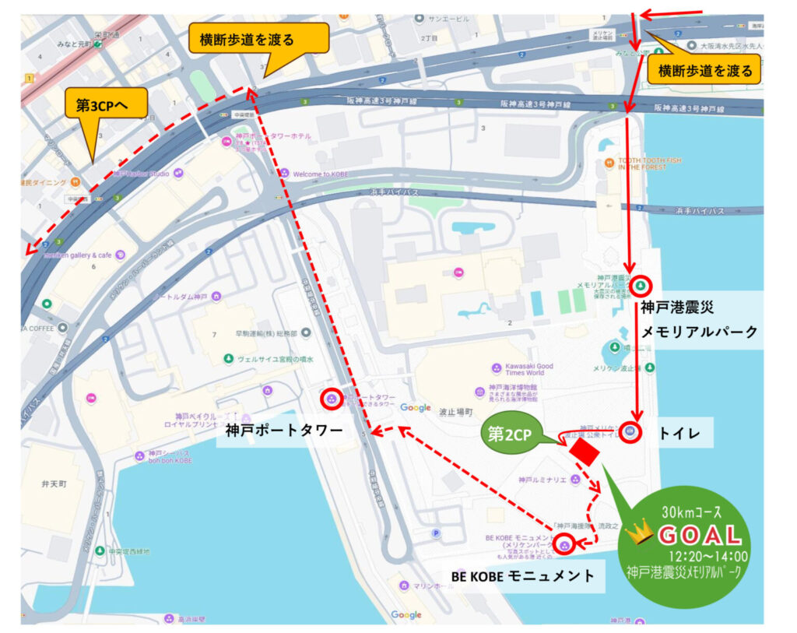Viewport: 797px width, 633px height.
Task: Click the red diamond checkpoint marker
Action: [583, 451]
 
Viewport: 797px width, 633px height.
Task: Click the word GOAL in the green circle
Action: [700, 536]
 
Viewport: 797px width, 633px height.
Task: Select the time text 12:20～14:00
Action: [708, 556]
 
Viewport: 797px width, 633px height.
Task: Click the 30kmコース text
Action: [691, 513]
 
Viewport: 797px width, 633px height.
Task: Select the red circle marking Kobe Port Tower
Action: [332, 399]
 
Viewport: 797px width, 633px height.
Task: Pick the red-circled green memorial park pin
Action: [640, 285]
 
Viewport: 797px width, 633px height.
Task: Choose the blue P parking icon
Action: [436, 533]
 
